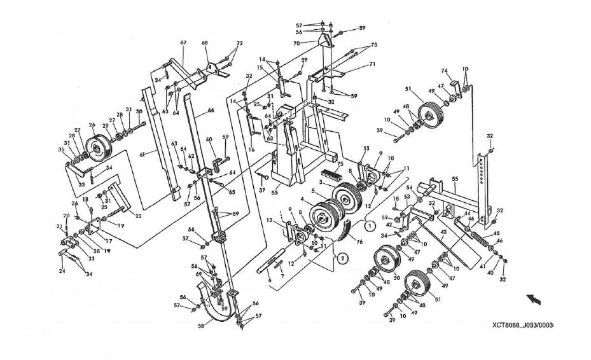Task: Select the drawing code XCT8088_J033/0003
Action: point(522,326)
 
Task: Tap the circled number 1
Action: point(368,223)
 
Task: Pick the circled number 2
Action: point(342,258)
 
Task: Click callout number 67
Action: point(183,43)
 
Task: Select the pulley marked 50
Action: point(386,261)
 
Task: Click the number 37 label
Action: point(262,189)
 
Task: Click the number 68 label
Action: point(205,43)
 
